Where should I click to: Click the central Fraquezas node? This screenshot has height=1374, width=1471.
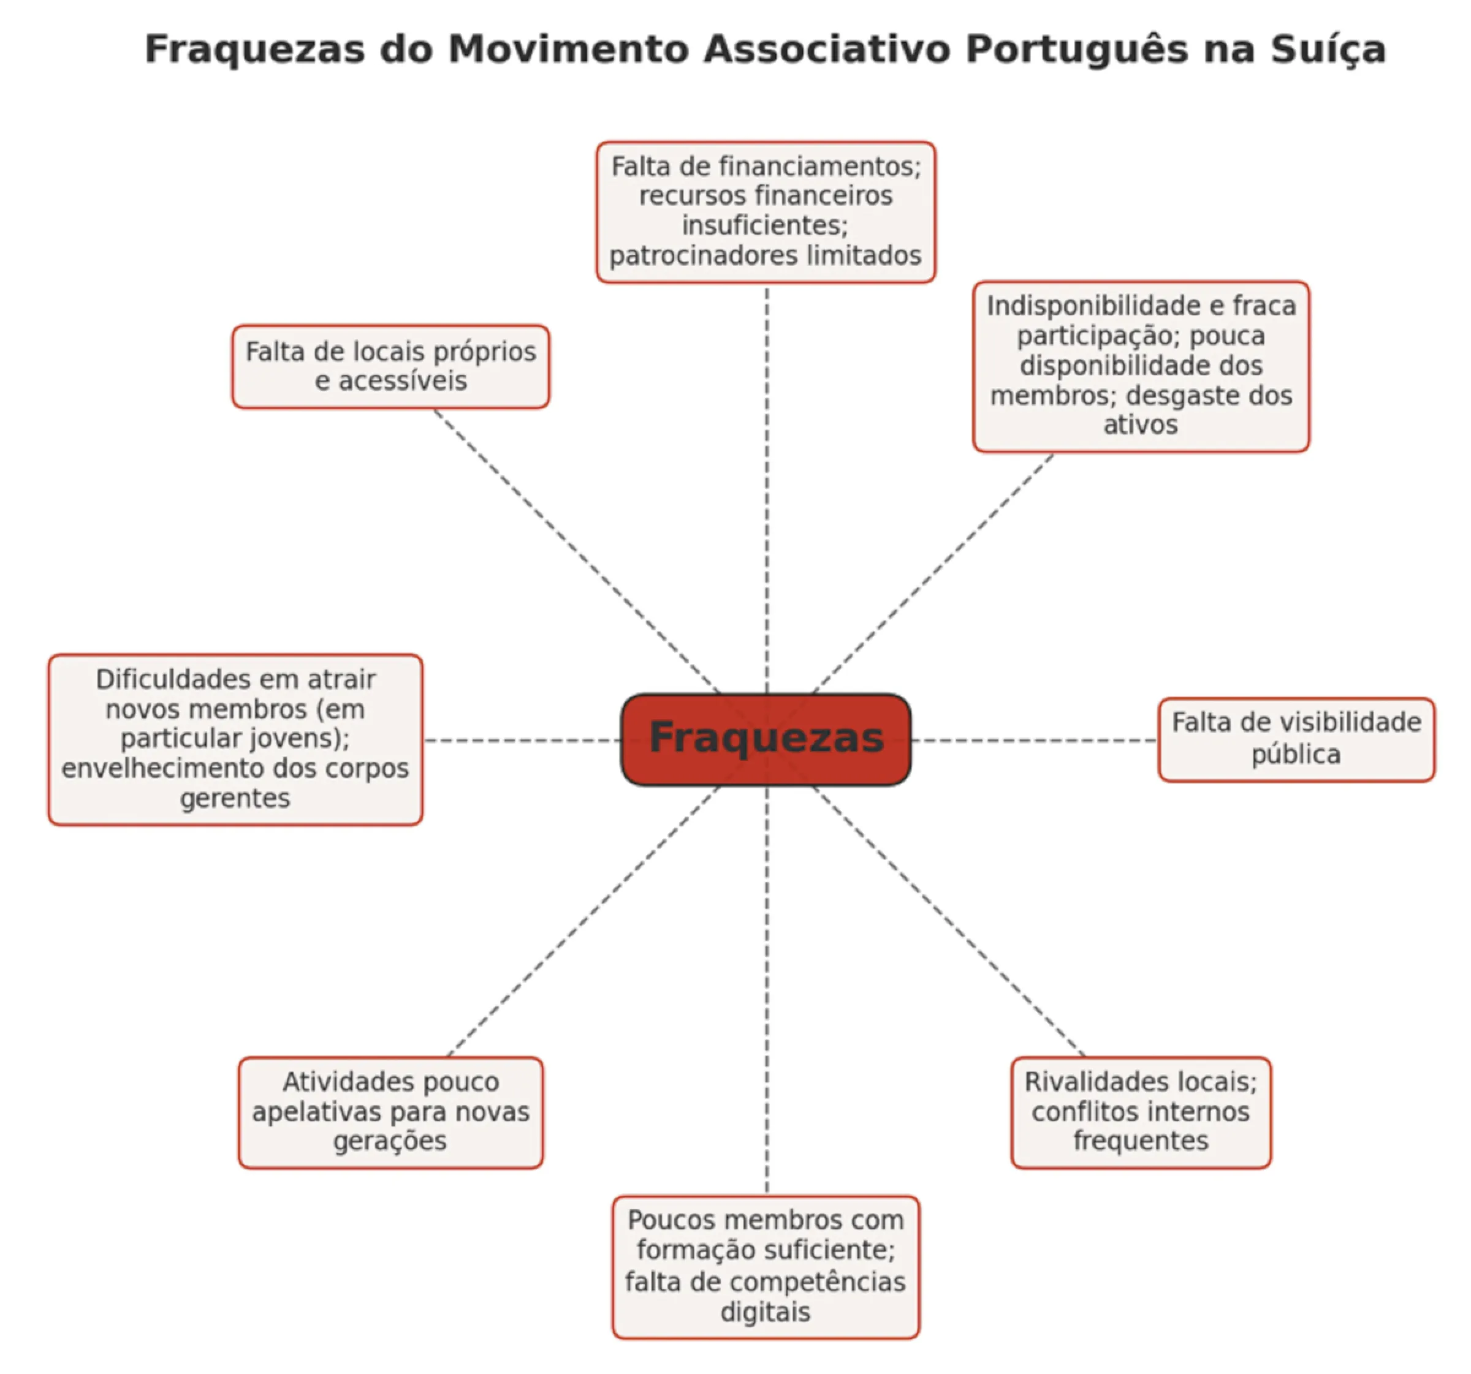(766, 739)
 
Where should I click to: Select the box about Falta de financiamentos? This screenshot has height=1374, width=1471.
(766, 212)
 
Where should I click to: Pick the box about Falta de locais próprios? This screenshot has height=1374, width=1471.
(390, 366)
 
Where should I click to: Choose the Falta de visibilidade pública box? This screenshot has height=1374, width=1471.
(1296, 739)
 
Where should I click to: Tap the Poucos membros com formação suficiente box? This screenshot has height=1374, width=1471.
(766, 1266)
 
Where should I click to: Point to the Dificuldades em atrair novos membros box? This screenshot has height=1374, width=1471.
(235, 739)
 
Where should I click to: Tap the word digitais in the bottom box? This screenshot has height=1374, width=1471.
(766, 1312)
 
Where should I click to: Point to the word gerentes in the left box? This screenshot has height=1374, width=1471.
(235, 799)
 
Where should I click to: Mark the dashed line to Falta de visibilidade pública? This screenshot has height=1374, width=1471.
(1036, 740)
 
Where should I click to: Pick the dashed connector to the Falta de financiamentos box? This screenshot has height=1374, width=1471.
(767, 481)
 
